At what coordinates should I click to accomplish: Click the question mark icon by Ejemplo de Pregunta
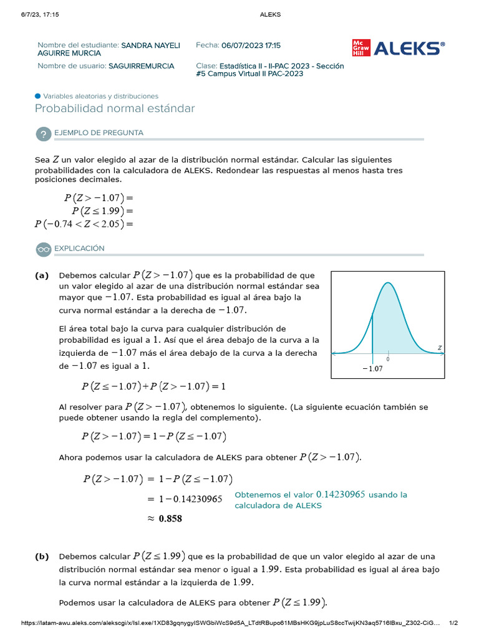pos(42,133)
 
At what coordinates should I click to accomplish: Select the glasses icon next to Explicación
pos(42,249)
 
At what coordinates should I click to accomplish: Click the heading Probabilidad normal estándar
pos(115,109)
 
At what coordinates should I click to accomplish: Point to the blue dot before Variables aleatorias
pos(38,96)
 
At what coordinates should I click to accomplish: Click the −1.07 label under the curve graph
pos(372,368)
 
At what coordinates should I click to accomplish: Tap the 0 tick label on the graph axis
pos(388,359)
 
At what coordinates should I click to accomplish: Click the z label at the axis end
pos(439,346)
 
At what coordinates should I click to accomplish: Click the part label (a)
pos(42,275)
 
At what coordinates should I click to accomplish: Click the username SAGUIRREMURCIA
pos(142,66)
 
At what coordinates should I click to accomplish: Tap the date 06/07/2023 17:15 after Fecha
pos(251,45)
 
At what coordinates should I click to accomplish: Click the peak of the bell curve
pos(388,283)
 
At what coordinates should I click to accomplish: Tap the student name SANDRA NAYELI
pos(150,45)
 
